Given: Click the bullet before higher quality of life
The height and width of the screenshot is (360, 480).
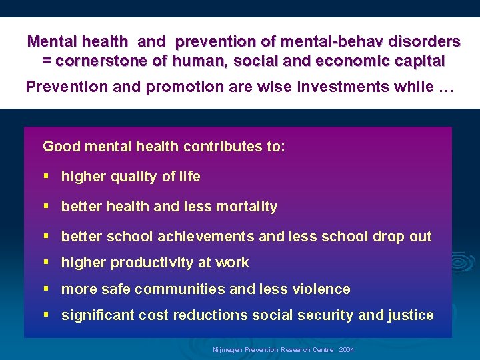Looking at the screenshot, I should (46, 176).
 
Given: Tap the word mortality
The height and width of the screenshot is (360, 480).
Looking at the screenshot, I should (245, 207).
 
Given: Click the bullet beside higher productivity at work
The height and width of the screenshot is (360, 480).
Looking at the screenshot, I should (46, 262).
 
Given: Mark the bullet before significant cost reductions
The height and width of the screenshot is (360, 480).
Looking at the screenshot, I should (46, 315).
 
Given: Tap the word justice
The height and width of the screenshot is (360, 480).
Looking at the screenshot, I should (411, 315).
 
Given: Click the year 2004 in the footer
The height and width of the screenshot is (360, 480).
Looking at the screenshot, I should (347, 350).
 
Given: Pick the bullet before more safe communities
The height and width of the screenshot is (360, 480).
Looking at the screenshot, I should (46, 289).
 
